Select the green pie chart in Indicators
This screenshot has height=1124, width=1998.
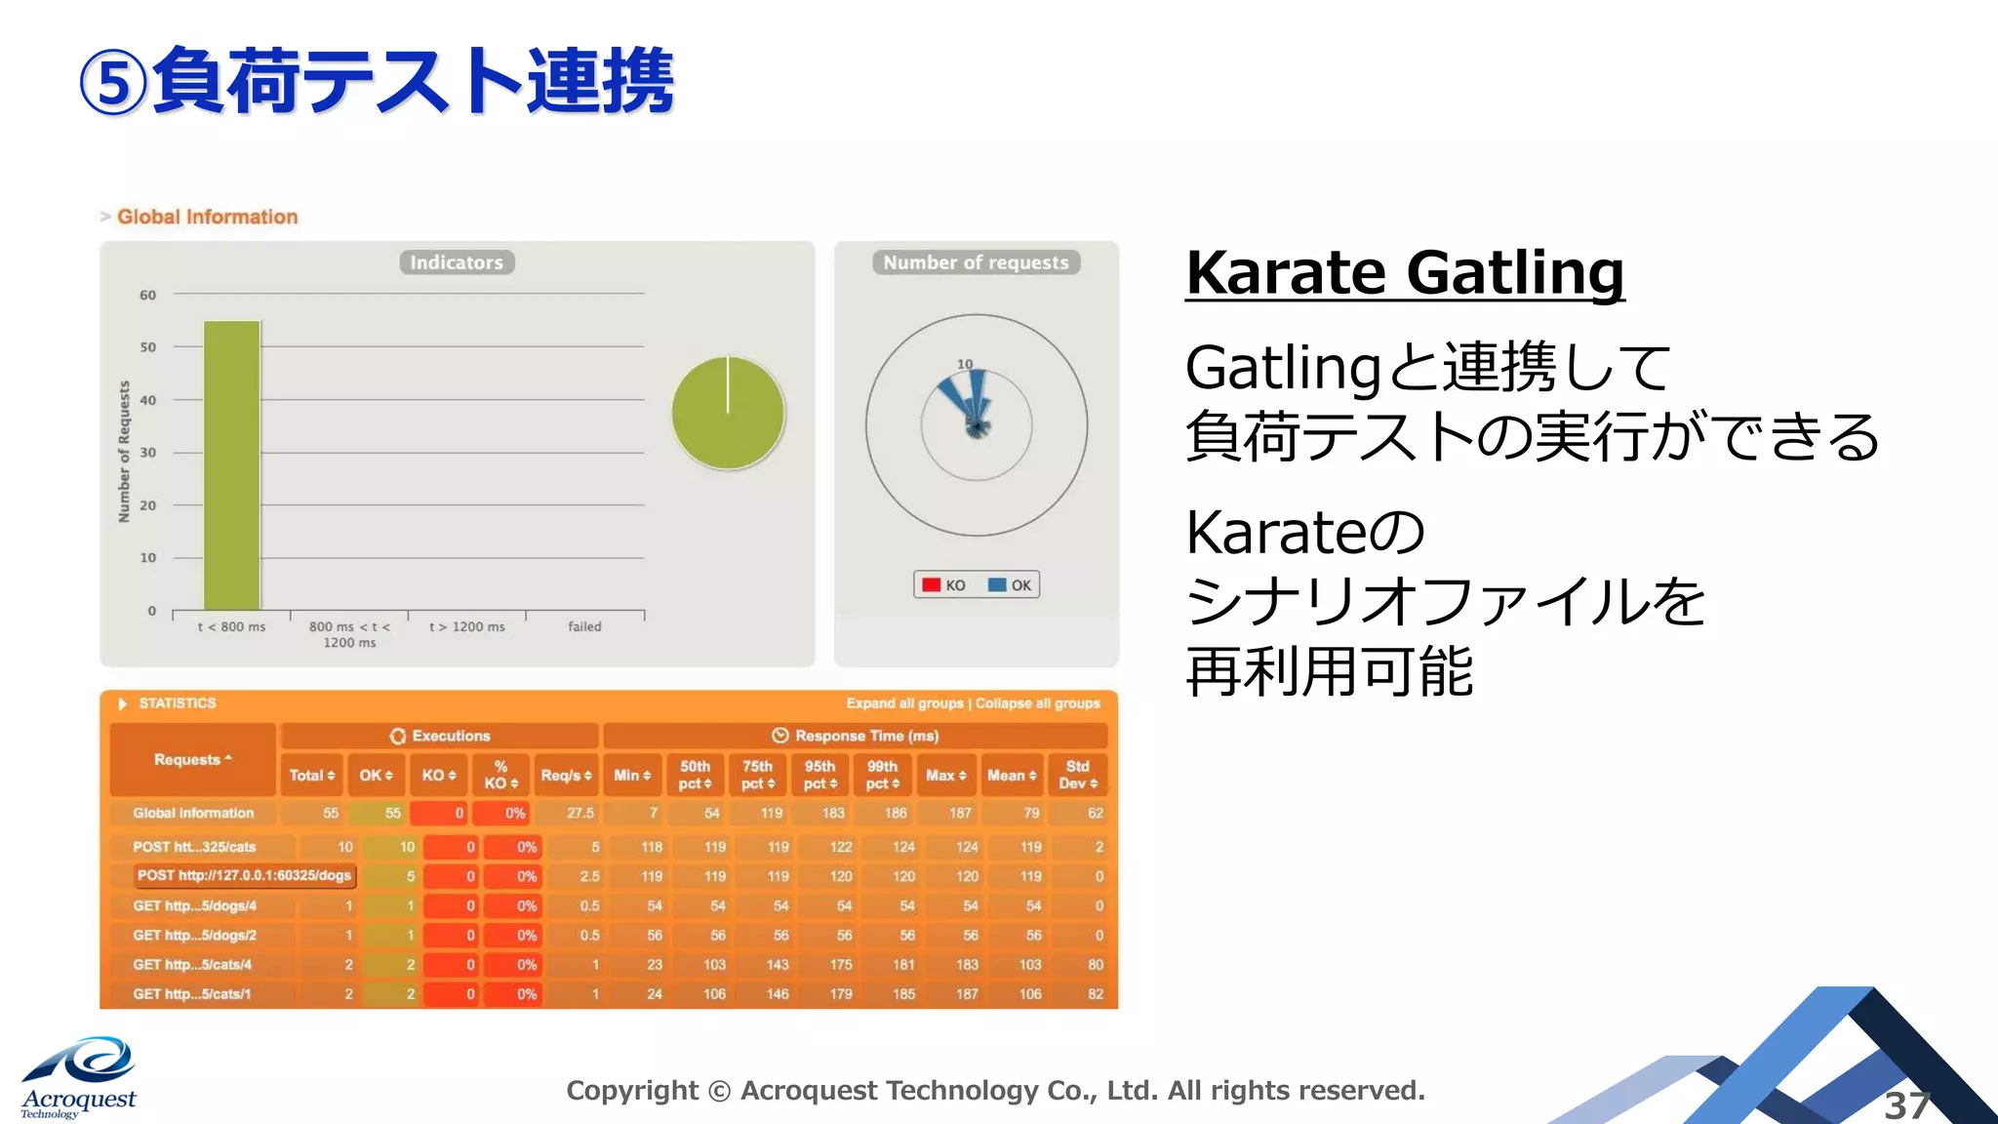coord(728,413)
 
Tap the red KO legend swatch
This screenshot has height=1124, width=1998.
coord(932,585)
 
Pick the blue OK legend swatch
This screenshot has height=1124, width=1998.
coord(997,585)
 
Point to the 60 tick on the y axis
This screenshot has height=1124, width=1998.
coord(147,295)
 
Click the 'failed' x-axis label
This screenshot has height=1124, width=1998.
coord(584,626)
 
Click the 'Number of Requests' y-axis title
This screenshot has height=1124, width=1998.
coord(124,451)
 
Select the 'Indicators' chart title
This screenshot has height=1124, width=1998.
coord(457,262)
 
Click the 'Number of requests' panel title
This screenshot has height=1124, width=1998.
coord(976,262)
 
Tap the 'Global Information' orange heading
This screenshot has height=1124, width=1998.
coord(207,217)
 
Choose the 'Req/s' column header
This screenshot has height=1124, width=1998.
coord(566,775)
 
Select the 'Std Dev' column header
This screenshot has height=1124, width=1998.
coord(1077,775)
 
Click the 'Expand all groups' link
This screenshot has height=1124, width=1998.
coord(904,703)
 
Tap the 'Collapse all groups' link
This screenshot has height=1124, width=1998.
coord(1037,703)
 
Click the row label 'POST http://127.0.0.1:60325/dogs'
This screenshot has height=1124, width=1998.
coord(244,876)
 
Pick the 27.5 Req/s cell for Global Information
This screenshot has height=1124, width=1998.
coord(580,813)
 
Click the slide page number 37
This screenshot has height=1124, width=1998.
coord(1906,1105)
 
